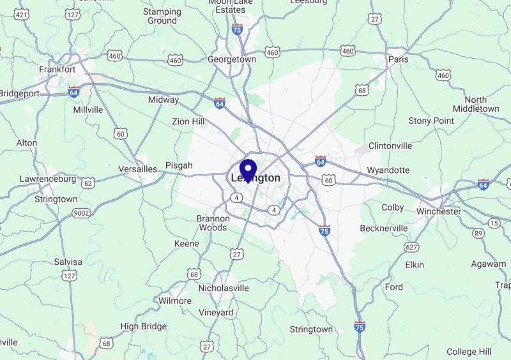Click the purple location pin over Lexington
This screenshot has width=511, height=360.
[248, 170]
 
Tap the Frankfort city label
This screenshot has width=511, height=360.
[57, 69]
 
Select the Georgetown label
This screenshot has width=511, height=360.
[232, 59]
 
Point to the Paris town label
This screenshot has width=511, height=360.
[398, 59]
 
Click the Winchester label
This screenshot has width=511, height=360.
[438, 211]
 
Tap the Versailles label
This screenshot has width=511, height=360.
[137, 169]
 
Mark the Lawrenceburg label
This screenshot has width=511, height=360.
[48, 179]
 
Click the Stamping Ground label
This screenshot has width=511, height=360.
[162, 16]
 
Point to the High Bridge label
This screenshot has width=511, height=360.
[143, 326]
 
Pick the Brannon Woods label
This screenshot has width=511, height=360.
[213, 223]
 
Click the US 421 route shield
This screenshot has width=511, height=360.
[22, 14]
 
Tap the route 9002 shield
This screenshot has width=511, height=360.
[81, 213]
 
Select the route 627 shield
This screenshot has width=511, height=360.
[411, 246]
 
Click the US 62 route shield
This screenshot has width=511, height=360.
[88, 183]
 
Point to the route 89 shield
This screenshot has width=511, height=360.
[478, 234]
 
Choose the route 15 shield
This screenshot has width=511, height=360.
[494, 223]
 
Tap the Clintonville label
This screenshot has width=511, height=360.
[390, 146]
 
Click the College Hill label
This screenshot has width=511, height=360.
[469, 352]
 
